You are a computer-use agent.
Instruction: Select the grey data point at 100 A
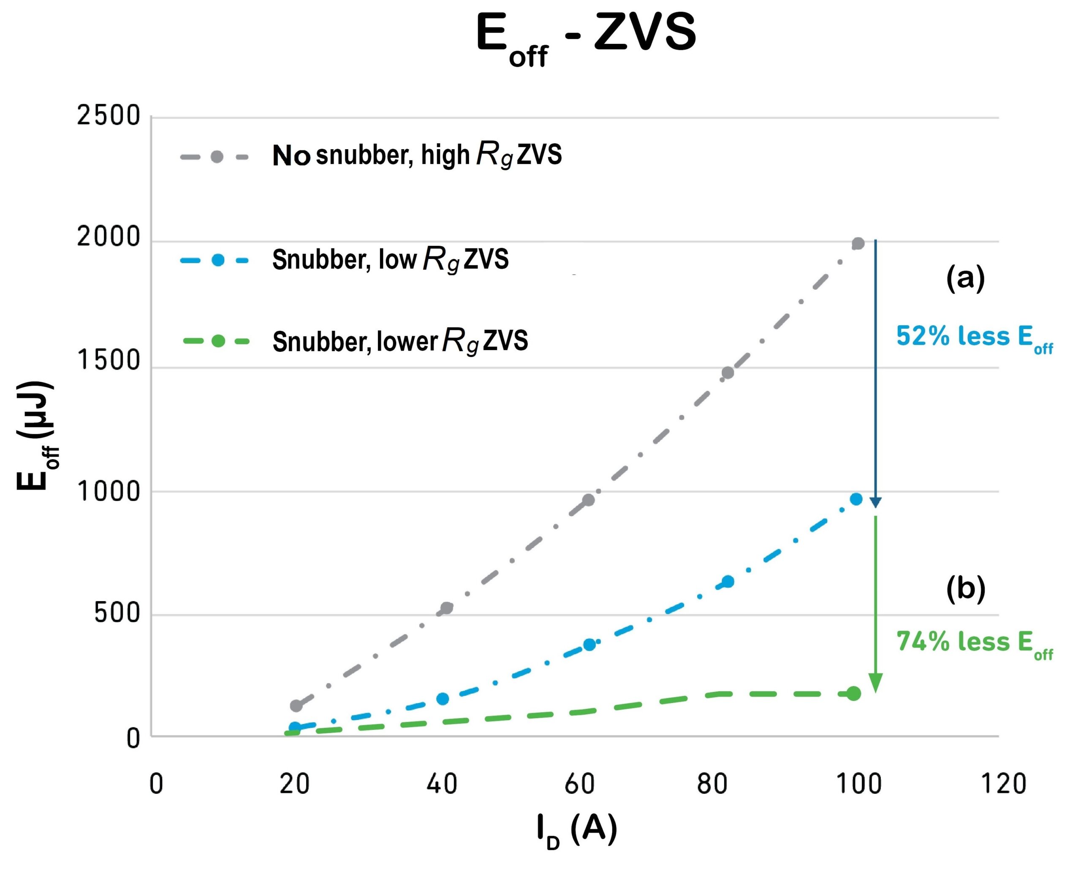[858, 243]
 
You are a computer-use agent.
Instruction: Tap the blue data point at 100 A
[856, 499]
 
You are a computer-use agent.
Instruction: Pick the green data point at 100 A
[853, 694]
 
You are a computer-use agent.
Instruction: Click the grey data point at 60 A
[588, 500]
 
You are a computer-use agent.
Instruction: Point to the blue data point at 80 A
[728, 581]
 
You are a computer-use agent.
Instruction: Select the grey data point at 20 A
[296, 706]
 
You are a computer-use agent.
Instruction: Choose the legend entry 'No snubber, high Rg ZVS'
[416, 155]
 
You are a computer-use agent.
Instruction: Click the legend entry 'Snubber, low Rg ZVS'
[390, 260]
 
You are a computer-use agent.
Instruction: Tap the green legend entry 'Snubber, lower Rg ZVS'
[399, 341]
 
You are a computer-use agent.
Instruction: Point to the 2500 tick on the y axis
[108, 116]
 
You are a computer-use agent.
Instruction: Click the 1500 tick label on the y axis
[108, 360]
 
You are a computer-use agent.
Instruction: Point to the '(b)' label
[965, 588]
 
